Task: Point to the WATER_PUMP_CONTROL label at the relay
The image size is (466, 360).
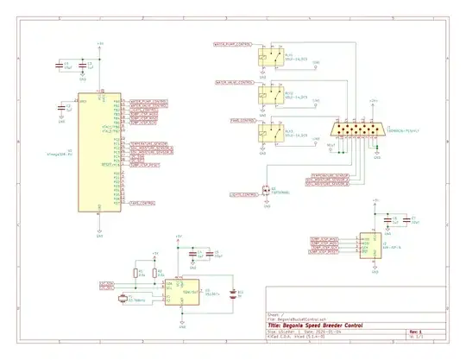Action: click(231, 43)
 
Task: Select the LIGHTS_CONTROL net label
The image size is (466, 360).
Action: click(242, 196)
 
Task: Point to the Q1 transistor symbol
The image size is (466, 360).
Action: click(267, 190)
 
